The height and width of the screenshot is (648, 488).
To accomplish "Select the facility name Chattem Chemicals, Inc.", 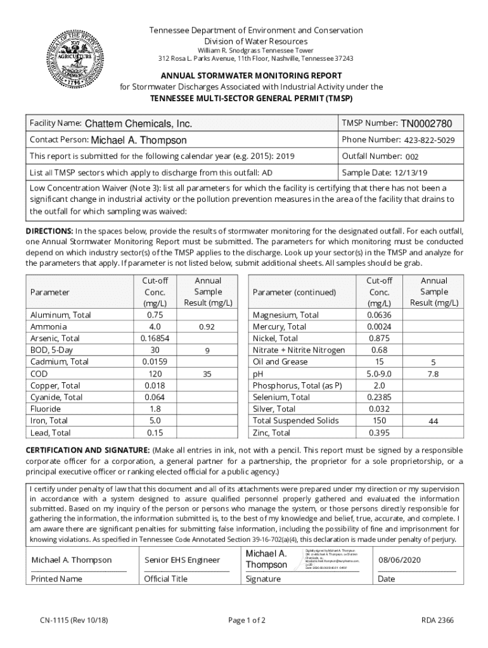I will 138,124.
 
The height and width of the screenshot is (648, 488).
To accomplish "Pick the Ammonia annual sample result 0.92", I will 207,327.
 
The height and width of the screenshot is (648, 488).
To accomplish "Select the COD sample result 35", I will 207,374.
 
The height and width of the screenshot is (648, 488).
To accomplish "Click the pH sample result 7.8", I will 433,374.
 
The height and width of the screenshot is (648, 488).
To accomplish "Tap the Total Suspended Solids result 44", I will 433,421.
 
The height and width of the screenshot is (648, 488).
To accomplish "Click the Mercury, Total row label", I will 279,327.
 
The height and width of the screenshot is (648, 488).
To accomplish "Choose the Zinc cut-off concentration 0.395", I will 379,433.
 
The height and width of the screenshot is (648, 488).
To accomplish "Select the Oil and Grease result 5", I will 433,363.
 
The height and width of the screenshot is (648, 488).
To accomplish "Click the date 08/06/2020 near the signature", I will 399,560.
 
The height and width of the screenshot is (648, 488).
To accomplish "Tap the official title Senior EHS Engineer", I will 182,560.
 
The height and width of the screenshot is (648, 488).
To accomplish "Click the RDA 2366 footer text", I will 437,620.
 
